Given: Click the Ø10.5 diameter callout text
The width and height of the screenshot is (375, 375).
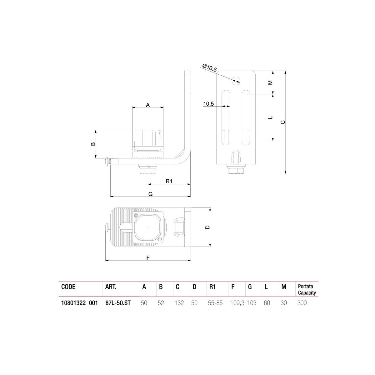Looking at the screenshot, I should pyautogui.click(x=210, y=68).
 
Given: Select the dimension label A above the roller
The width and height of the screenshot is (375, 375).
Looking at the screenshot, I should pyautogui.click(x=148, y=105).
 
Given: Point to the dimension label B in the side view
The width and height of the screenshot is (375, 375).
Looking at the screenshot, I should pyautogui.click(x=92, y=144).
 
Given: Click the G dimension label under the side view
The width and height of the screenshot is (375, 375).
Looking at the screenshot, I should pyautogui.click(x=150, y=194).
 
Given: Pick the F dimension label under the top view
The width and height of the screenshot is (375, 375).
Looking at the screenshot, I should pyautogui.click(x=148, y=257).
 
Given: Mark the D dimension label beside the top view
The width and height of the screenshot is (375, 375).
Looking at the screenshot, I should pyautogui.click(x=207, y=227).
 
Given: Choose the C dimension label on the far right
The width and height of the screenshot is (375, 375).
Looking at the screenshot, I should pyautogui.click(x=283, y=122).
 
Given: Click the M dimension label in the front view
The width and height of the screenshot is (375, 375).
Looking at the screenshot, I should pyautogui.click(x=271, y=82).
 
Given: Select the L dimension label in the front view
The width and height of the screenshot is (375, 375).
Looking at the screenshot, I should pyautogui.click(x=271, y=117).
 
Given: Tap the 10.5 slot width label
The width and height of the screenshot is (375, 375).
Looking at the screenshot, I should pyautogui.click(x=208, y=104).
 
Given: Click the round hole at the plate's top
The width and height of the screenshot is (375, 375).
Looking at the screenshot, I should pyautogui.click(x=236, y=80).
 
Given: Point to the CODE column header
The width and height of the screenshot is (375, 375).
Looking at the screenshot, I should pyautogui.click(x=68, y=287).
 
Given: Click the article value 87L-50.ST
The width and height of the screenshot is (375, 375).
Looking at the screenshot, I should pyautogui.click(x=118, y=303).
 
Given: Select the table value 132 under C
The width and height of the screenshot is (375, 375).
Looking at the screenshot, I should pyautogui.click(x=179, y=303).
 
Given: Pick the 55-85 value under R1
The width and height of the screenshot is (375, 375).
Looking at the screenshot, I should pyautogui.click(x=215, y=303).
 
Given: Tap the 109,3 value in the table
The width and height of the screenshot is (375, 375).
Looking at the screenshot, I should pyautogui.click(x=237, y=303).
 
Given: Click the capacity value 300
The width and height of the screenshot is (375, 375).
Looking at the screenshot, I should pyautogui.click(x=302, y=303).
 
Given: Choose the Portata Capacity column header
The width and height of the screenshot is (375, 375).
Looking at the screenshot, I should pyautogui.click(x=307, y=290).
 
